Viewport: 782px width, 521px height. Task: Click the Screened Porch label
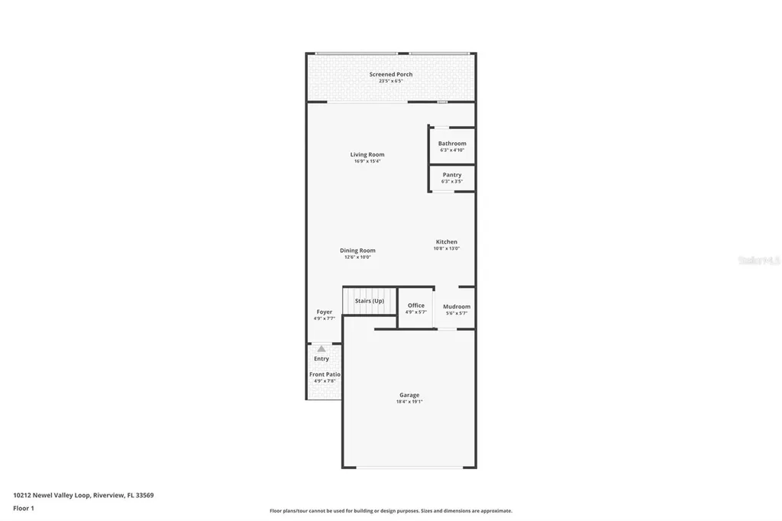coord(391,74)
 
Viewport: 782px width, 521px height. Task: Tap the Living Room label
coord(367,154)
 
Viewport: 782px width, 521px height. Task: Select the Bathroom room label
coord(452,144)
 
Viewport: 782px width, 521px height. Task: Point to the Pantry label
coord(452,175)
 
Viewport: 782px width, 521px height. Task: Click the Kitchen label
coord(447,242)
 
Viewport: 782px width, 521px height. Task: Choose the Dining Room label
coord(357,251)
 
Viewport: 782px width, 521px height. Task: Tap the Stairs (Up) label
coord(370,301)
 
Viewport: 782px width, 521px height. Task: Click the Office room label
coord(416,306)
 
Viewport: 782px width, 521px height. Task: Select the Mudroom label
coord(457,307)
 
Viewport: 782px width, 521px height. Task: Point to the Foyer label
coord(325,312)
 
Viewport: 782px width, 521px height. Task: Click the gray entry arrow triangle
coord(322,349)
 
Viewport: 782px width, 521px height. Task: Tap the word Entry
coord(322,359)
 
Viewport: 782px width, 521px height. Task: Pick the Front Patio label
coord(325,374)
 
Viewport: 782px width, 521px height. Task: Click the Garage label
coord(409,395)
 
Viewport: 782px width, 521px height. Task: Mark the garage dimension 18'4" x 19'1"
coord(409,402)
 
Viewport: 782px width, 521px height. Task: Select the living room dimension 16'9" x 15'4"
coord(367,161)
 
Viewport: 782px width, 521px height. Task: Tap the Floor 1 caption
coord(24,508)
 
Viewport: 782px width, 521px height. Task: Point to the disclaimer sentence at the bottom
coord(391,511)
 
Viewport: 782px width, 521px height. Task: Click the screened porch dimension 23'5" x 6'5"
coord(391,81)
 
